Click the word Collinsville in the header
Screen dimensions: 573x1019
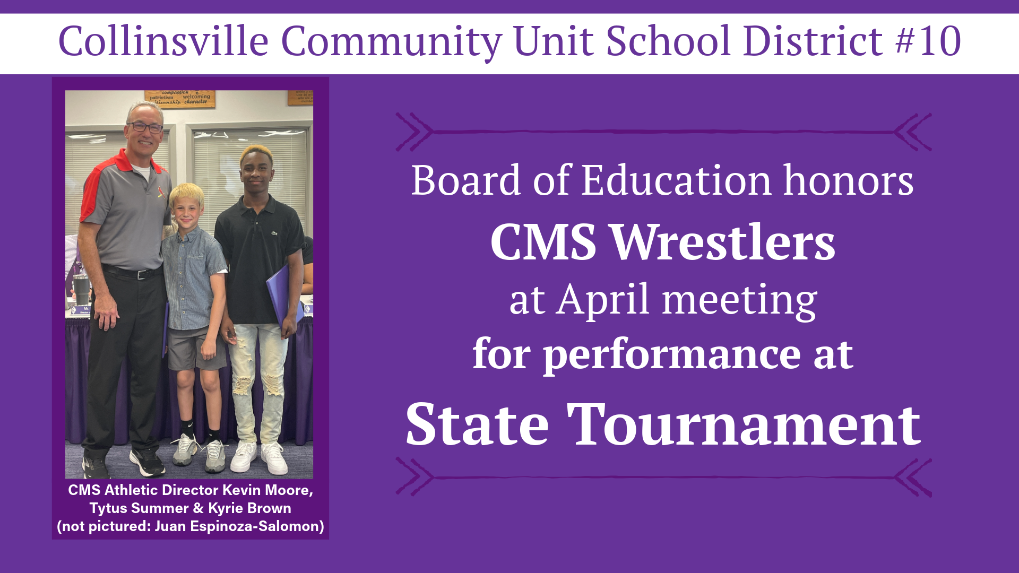(x=163, y=41)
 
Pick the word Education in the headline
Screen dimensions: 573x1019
(x=677, y=181)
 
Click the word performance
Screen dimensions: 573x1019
(x=671, y=354)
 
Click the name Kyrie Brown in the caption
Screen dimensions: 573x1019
(x=249, y=508)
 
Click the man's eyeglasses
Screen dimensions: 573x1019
(x=144, y=127)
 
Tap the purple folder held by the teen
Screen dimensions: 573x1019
(x=279, y=294)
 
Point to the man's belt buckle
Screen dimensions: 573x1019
(x=142, y=274)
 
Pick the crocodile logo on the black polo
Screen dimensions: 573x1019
(x=274, y=233)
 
